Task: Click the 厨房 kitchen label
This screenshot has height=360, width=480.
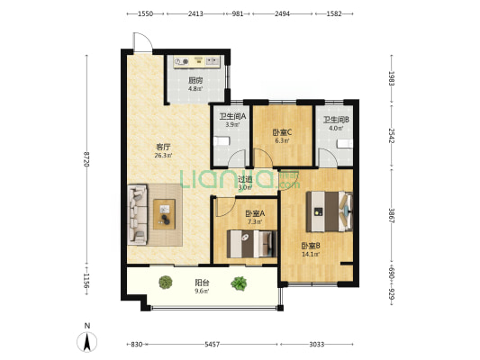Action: [195, 80]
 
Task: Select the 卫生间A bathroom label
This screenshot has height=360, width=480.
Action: [232, 116]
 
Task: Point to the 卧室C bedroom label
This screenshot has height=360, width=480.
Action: [282, 132]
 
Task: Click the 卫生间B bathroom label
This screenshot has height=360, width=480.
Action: [336, 120]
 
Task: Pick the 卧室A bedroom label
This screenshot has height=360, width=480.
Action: [255, 213]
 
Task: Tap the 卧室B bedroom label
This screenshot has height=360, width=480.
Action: [311, 246]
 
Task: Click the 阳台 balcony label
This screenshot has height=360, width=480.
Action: [202, 283]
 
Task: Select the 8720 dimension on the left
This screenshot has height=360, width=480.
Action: [86, 159]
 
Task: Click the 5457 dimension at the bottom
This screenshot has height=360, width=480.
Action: [213, 345]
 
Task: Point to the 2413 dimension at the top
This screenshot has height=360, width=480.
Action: [195, 13]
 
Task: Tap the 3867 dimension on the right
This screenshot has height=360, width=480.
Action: [392, 216]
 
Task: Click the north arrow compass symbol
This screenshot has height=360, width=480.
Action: [87, 342]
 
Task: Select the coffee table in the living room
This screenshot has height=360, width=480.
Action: [165, 214]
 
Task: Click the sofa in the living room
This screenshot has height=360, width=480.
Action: [137, 214]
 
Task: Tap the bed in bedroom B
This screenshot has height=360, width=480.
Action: [330, 211]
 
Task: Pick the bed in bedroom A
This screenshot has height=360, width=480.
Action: [251, 244]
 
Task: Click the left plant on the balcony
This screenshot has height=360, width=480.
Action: [166, 282]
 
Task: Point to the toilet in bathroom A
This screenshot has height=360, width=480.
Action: [222, 141]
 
